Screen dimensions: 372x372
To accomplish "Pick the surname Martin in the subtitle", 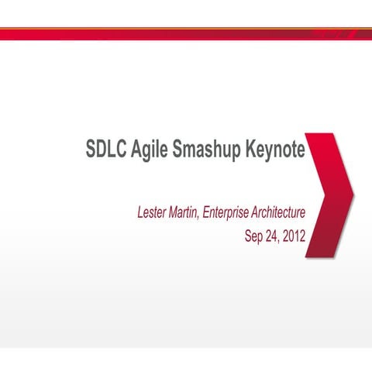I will coord(184,211).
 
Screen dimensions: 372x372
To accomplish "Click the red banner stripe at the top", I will coord(186,34).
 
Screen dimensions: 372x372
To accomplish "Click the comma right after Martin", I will coord(199,215).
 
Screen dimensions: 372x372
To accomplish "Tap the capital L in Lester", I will coord(140,211).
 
